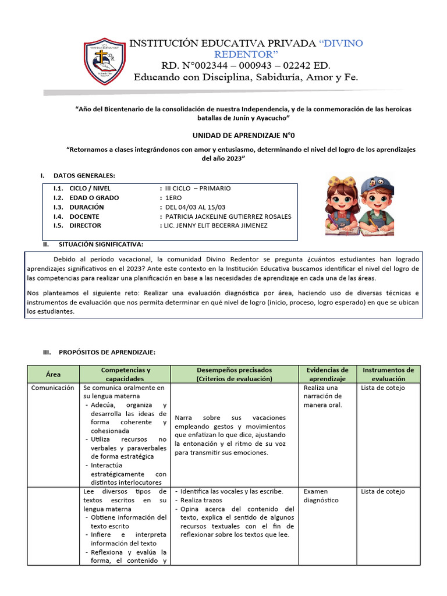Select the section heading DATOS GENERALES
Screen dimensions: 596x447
click(x=84, y=176)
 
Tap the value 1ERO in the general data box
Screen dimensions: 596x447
click(x=173, y=198)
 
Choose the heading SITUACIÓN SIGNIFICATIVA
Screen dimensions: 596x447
click(x=98, y=244)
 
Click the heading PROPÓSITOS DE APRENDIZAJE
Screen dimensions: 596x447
click(x=104, y=353)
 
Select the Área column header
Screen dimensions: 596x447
click(x=53, y=374)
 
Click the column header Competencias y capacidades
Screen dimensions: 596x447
click(x=125, y=374)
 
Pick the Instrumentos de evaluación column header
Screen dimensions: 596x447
click(x=388, y=374)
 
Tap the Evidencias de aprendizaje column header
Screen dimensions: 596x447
click(x=327, y=374)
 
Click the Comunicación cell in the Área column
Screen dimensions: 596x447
click(x=53, y=388)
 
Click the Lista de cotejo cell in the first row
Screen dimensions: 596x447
click(x=382, y=388)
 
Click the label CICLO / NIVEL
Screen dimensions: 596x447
click(x=90, y=189)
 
